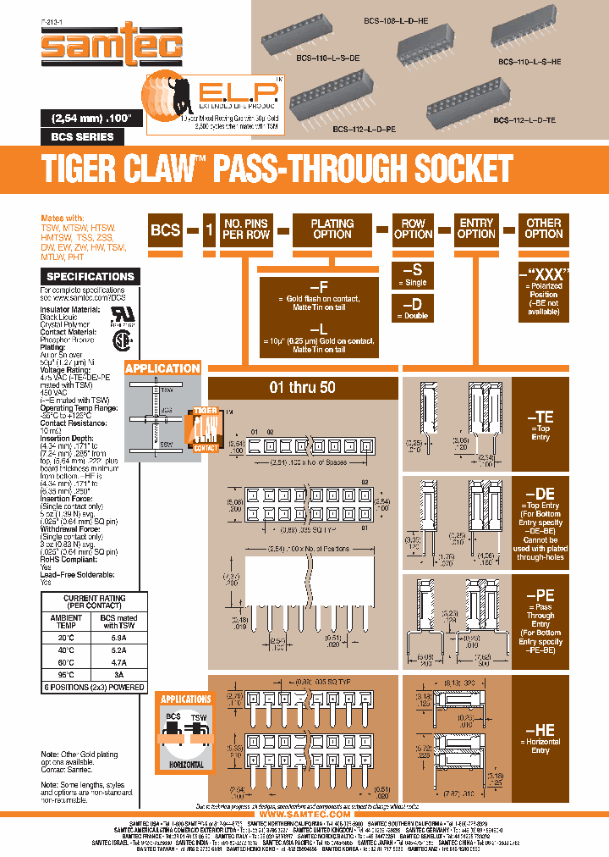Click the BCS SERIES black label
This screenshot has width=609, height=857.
point(77,136)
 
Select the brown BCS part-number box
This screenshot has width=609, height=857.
point(166,229)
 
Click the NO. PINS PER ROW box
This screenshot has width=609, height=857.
point(246,229)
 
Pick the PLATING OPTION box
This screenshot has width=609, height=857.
point(332,229)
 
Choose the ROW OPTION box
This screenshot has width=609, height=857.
point(413,229)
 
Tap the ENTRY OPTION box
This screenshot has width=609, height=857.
point(477,229)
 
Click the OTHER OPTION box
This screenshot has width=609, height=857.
point(544,229)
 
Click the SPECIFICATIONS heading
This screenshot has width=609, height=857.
point(91,277)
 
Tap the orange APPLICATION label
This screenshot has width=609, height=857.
point(162,368)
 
